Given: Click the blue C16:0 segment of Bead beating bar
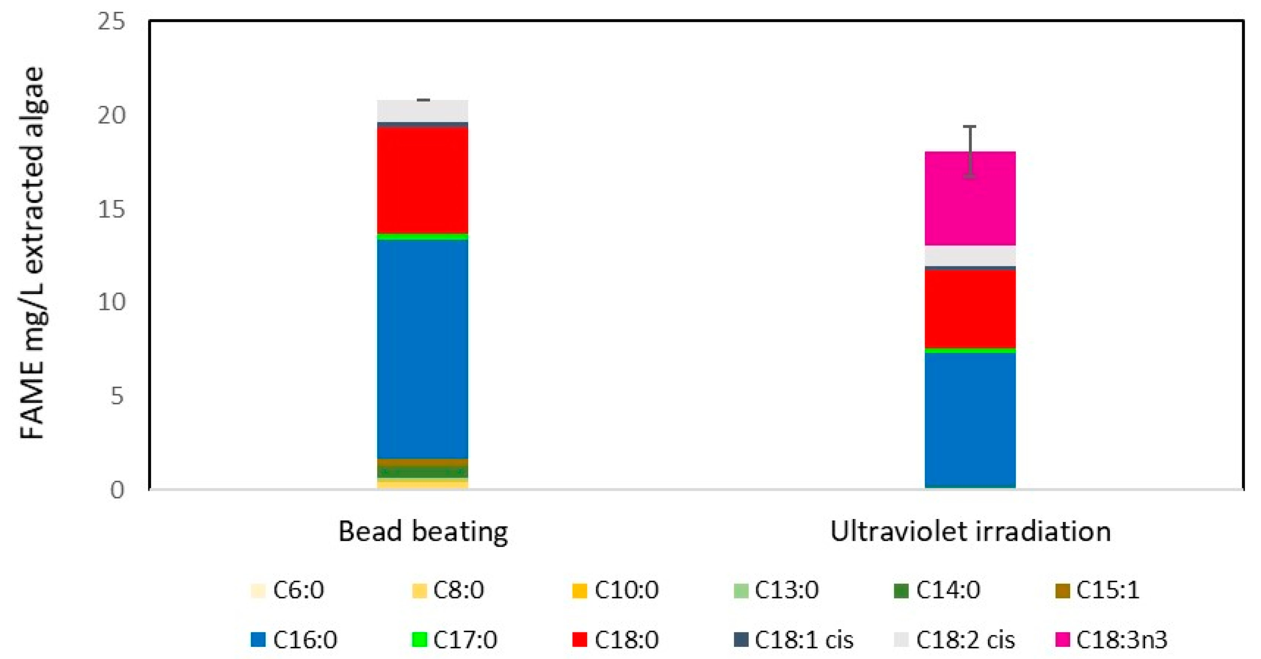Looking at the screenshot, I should click(x=422, y=349).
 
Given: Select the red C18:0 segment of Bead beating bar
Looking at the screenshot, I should click(x=422, y=180).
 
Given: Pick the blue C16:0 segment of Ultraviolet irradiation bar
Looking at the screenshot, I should click(x=970, y=419).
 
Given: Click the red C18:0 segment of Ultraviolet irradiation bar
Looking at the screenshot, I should click(x=970, y=309).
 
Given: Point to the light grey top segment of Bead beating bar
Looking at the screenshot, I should click(x=422, y=111).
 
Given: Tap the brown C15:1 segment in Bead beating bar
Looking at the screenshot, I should click(x=422, y=463).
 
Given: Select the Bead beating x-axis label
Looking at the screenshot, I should click(x=423, y=531).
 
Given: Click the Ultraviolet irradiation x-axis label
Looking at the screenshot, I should click(x=970, y=531).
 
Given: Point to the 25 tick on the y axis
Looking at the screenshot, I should click(x=112, y=21).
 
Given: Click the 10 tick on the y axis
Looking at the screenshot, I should click(x=112, y=302).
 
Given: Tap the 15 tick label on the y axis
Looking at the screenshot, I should click(x=112, y=210).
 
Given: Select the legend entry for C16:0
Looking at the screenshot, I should click(x=294, y=639).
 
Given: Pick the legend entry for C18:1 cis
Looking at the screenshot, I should click(x=793, y=639).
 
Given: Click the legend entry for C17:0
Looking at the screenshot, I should click(x=454, y=639).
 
